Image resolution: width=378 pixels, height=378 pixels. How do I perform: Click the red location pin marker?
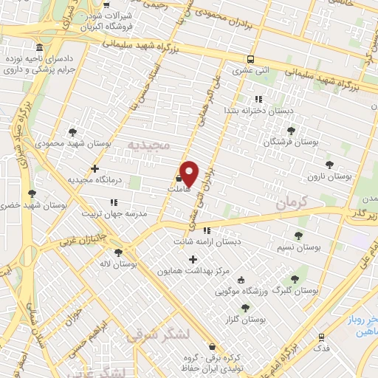(x=189, y=173)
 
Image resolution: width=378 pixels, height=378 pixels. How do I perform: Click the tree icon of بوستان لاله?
(x=118, y=252)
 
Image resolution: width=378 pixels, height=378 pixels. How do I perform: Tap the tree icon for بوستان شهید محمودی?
(x=72, y=133)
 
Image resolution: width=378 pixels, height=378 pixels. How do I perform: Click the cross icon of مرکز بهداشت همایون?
(x=193, y=259)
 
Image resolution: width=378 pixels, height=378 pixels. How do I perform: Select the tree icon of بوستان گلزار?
(x=245, y=309)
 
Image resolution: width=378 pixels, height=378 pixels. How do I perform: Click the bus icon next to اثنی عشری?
(x=252, y=60)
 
